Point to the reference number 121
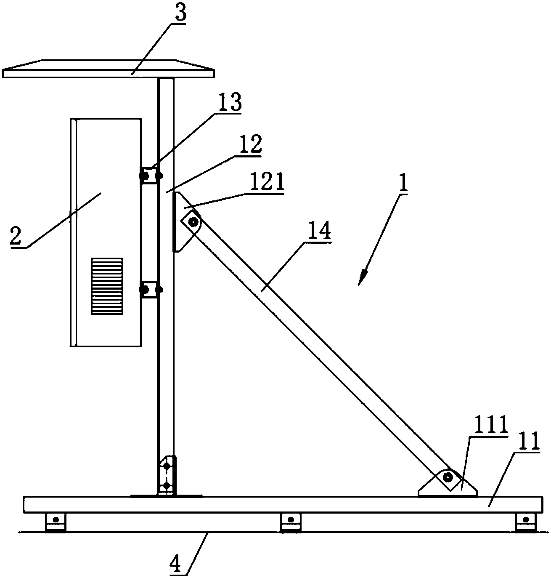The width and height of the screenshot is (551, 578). (267, 182)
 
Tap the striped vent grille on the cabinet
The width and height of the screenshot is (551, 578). (107, 286)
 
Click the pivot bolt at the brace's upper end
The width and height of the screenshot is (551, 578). (193, 222)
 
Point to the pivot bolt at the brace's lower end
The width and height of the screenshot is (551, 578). (448, 477)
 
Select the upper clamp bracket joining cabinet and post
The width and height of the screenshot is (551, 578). (151, 176)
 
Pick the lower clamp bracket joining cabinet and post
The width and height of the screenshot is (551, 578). (151, 290)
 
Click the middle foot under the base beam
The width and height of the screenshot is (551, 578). (291, 522)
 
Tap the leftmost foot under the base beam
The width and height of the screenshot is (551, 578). (56, 522)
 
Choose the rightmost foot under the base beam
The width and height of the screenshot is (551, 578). (526, 522)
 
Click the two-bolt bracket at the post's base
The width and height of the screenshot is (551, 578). (167, 476)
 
